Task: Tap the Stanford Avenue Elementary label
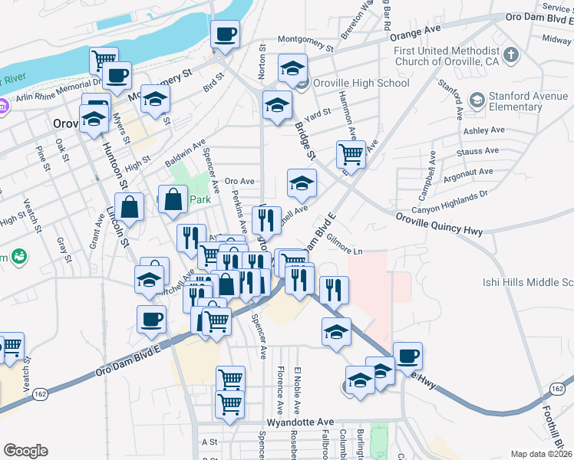click(x=522, y=101)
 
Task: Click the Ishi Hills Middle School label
click(x=528, y=282)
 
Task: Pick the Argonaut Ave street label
click(x=468, y=176)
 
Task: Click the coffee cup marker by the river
click(x=225, y=34)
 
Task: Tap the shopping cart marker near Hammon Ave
click(x=351, y=154)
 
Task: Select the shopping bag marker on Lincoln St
click(x=130, y=207)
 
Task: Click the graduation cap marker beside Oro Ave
click(x=302, y=182)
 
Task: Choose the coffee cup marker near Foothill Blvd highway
click(x=407, y=356)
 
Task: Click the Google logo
click(x=25, y=451)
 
